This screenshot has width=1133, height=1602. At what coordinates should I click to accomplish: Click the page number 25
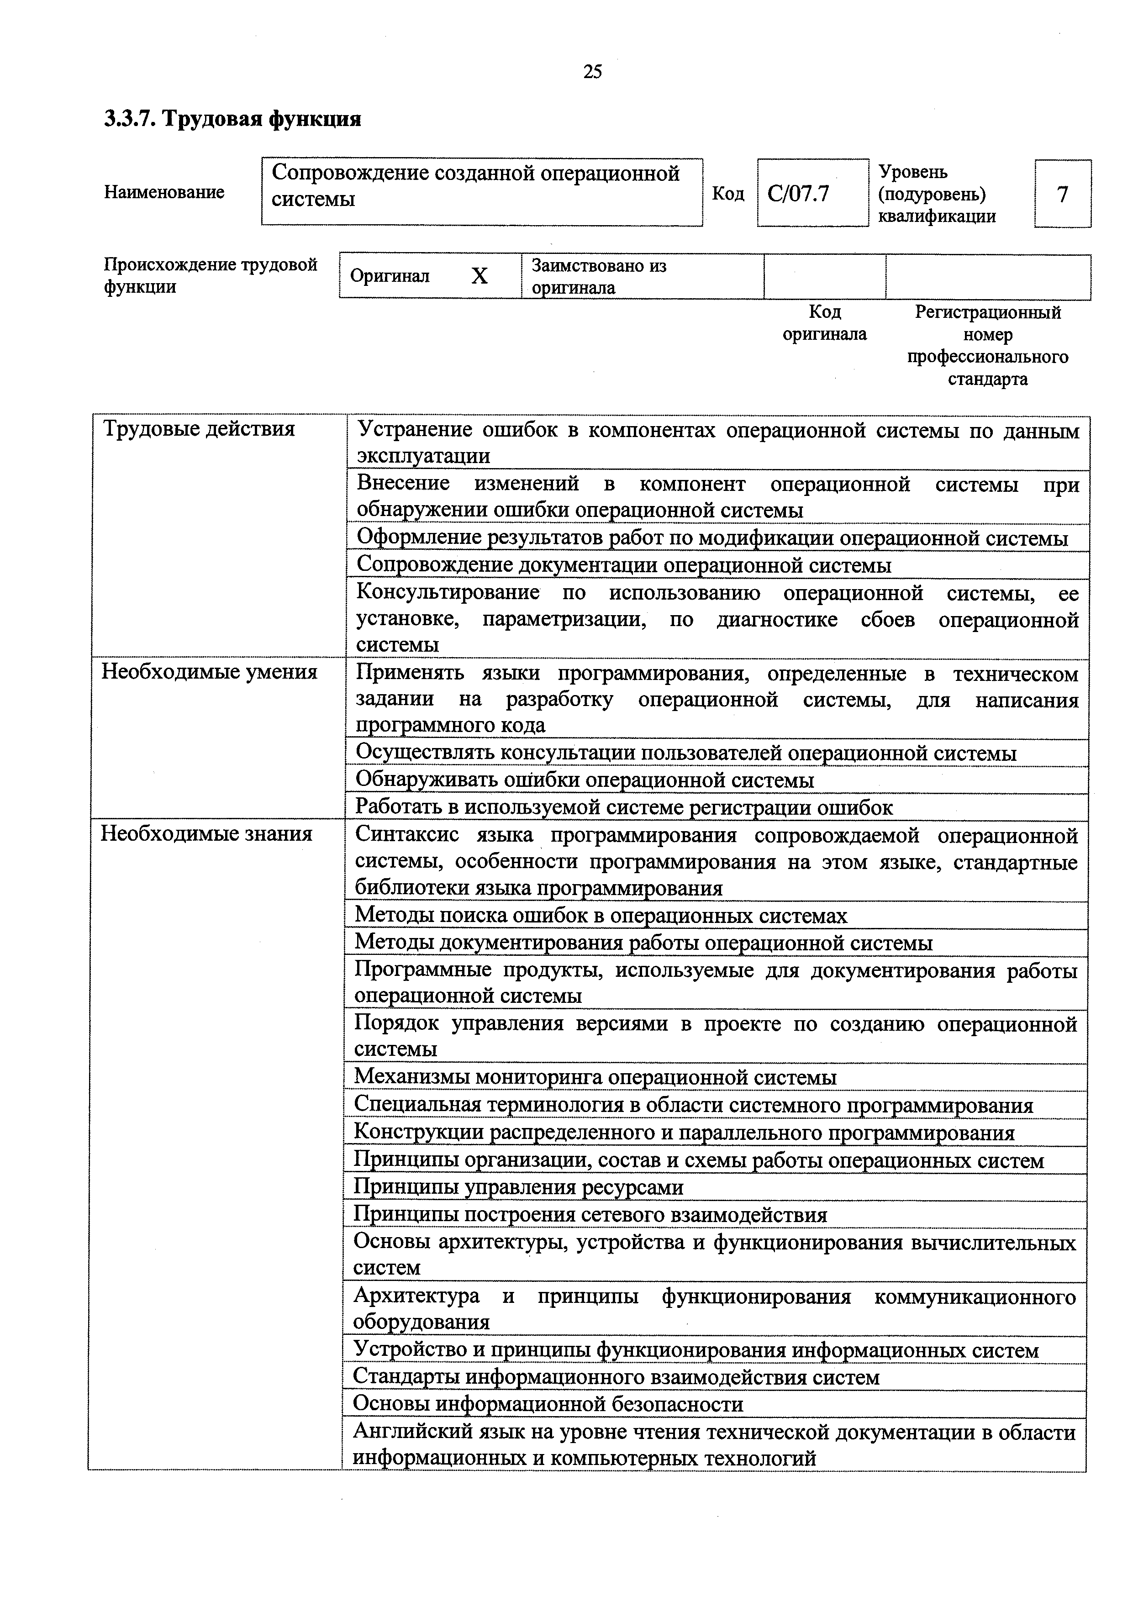click(592, 71)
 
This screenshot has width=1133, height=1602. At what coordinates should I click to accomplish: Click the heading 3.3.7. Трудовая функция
click(232, 119)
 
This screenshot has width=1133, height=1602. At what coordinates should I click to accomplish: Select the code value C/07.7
click(798, 193)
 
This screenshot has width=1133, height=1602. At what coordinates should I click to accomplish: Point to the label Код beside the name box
click(727, 193)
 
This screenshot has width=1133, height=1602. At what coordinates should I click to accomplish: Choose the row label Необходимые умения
click(209, 671)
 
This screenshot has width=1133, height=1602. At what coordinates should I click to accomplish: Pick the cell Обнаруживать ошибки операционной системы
click(585, 780)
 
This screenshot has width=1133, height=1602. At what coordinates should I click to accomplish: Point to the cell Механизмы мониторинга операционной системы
click(595, 1077)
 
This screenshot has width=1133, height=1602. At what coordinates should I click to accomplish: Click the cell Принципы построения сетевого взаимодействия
click(590, 1214)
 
